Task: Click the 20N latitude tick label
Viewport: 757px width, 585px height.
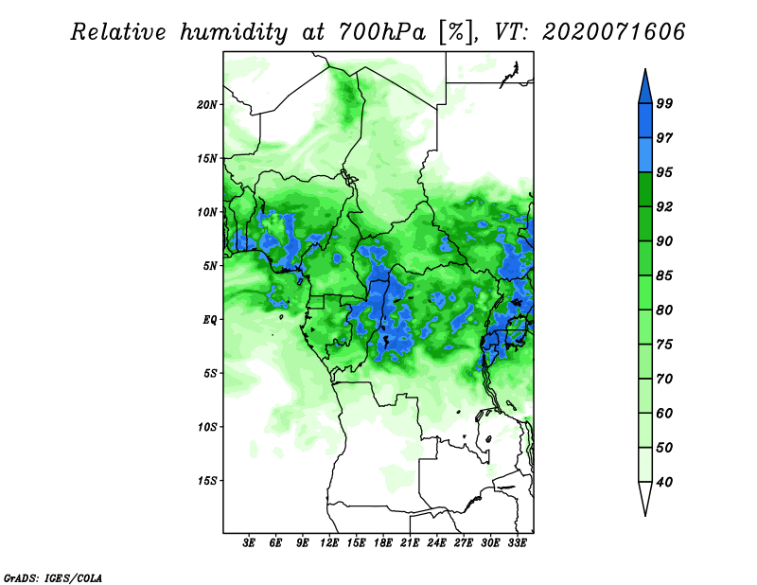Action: click(x=207, y=104)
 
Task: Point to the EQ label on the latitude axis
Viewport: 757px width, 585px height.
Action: click(x=210, y=319)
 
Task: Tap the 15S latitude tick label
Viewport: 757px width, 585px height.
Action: click(x=207, y=480)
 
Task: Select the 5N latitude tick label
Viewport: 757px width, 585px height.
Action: click(x=210, y=266)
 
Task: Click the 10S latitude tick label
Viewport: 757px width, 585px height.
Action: click(x=207, y=427)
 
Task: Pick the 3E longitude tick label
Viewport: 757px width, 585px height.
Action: click(x=249, y=543)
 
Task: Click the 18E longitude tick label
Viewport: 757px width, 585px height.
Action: click(x=383, y=543)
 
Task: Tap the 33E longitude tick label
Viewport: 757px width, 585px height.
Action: click(x=517, y=543)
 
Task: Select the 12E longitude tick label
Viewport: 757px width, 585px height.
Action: click(x=329, y=543)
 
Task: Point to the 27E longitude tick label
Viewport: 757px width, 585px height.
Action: click(x=464, y=543)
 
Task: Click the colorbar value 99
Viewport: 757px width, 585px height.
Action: click(x=664, y=103)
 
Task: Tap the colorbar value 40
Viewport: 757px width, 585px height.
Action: click(x=664, y=482)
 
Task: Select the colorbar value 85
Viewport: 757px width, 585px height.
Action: click(x=664, y=275)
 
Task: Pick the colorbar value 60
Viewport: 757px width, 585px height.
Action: click(x=664, y=413)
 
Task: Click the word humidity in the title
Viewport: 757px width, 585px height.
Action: click(x=234, y=32)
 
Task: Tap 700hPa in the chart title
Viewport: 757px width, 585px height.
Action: click(x=383, y=32)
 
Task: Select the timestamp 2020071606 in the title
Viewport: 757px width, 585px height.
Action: click(x=613, y=32)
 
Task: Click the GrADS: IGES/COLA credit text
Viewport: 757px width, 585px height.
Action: click(x=53, y=577)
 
